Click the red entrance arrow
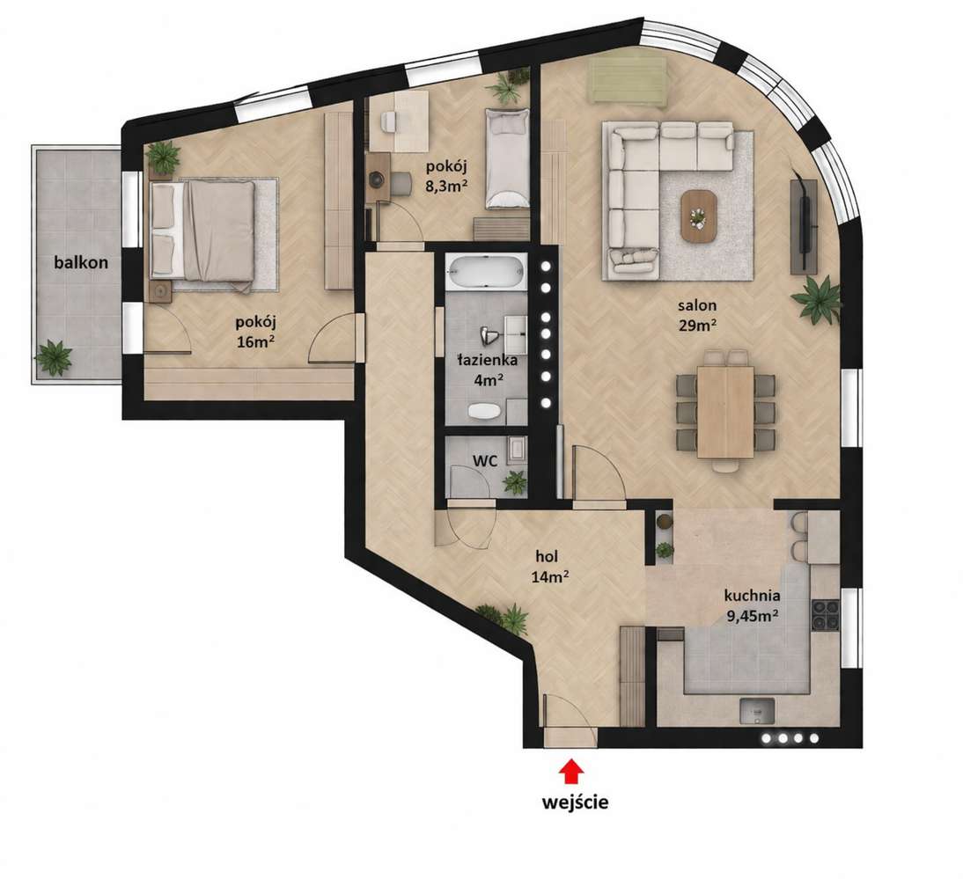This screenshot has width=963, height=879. pos(571,772)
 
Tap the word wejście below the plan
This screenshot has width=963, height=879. pos(575,802)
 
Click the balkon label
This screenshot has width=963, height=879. pos(81,263)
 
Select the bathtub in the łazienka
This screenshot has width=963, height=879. pos(486,272)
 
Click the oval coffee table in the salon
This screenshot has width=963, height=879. pos(698,216)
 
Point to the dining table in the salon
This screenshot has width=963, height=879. pos(725,412)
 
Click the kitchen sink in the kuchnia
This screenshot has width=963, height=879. pos(758,711)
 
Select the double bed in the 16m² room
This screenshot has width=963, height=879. pos(202,232)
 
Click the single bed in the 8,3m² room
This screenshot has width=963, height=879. pos(507,159)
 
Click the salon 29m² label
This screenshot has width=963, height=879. pos(698,315)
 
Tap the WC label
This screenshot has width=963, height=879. pos(484,460)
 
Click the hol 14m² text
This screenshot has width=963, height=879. pos(548,567)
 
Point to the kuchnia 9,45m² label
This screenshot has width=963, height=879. pos(753,604)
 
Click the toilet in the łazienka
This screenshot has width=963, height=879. pos(485,411)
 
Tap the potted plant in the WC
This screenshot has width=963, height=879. pos(515,482)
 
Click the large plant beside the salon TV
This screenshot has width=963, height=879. pos(817,299)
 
